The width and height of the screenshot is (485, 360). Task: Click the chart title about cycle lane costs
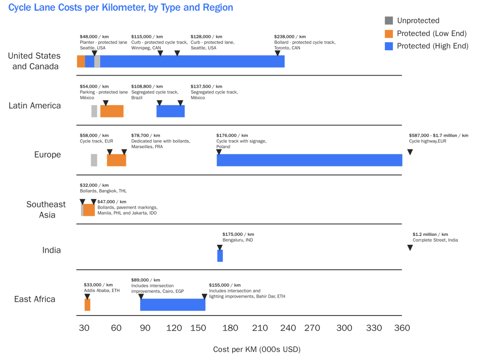(121, 8)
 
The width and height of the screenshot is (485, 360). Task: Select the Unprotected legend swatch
(389, 20)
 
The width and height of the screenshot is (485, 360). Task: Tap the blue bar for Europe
(309, 160)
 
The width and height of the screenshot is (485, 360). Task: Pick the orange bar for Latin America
(112, 111)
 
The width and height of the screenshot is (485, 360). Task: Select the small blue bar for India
(220, 256)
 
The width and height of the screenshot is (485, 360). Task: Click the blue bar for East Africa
(173, 305)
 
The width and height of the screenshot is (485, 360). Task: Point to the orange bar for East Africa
(87, 305)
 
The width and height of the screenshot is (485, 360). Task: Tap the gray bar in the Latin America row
(94, 111)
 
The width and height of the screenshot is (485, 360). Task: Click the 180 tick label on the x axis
(230, 328)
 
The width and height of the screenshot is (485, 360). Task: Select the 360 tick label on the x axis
(402, 328)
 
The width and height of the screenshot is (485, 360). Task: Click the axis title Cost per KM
(257, 349)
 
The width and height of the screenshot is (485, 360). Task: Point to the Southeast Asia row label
(46, 210)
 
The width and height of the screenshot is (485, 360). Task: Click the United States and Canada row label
(34, 61)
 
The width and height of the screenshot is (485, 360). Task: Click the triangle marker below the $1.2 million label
(410, 248)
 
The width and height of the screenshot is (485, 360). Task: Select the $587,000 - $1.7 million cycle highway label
(438, 138)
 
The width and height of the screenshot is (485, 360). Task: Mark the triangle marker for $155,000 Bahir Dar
(204, 297)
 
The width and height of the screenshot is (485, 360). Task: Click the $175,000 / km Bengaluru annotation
(238, 237)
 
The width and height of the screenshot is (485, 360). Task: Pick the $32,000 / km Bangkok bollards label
(103, 188)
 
